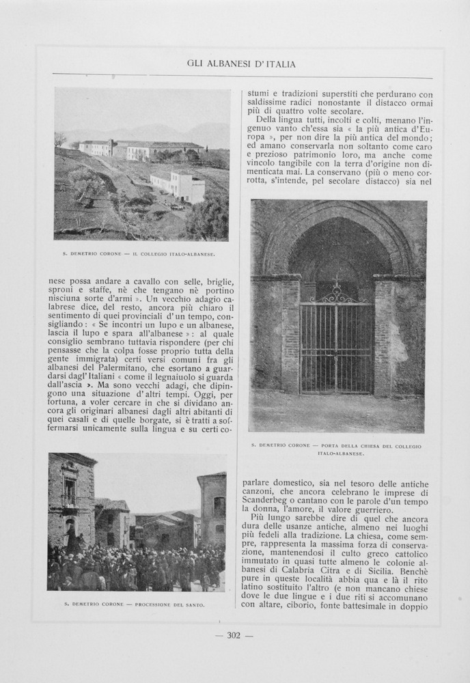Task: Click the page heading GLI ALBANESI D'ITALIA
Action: click(241, 64)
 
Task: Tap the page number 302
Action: click(234, 635)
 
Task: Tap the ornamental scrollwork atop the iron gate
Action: click(336, 292)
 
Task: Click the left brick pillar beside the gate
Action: click(289, 335)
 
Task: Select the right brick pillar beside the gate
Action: click(384, 335)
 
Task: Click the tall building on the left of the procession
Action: click(70, 499)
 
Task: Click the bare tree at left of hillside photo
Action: click(61, 140)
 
